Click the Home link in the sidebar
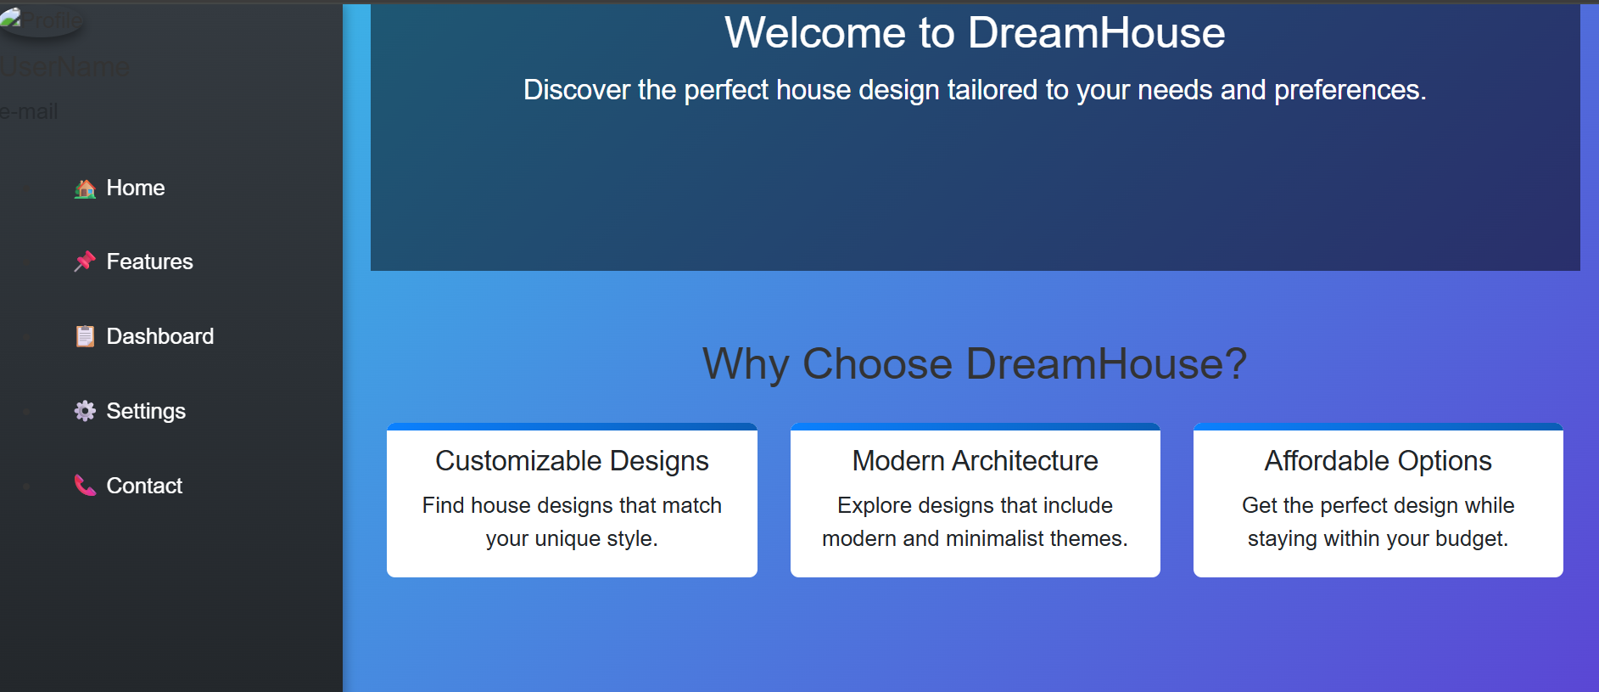[135, 188]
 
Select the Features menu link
[149, 262]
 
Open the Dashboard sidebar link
[159, 336]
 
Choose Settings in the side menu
[146, 411]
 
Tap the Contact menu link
[144, 486]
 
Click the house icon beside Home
[85, 188]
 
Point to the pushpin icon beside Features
[85, 262]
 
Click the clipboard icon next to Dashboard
[85, 336]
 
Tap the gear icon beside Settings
[85, 411]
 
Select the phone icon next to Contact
[85, 486]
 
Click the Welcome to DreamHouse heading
[975, 33]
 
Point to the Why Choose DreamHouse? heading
[975, 363]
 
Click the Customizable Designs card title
[572, 460]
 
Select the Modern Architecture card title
[975, 460]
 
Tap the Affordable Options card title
[1378, 460]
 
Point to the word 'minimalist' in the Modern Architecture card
[994, 539]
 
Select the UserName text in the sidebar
[65, 67]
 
